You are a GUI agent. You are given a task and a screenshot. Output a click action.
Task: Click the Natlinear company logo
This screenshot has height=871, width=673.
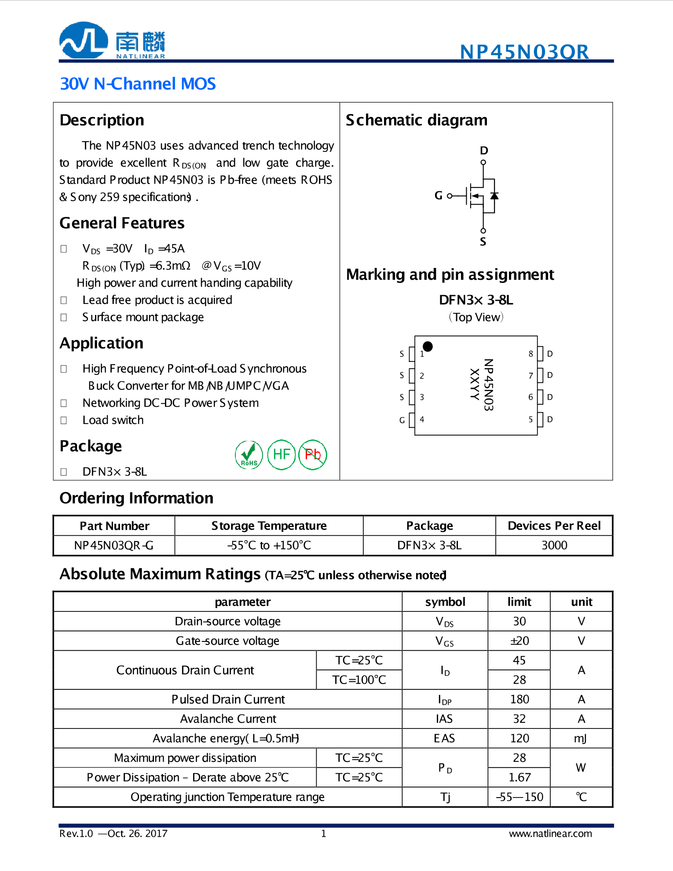[112, 40]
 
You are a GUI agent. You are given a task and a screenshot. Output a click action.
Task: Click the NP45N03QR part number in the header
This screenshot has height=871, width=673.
[524, 52]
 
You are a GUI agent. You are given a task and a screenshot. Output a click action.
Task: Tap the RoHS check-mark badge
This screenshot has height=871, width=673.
[249, 454]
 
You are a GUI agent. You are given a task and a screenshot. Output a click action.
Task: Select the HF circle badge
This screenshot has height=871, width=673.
[281, 454]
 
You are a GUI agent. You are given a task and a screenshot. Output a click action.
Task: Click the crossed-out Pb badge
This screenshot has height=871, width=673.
[313, 454]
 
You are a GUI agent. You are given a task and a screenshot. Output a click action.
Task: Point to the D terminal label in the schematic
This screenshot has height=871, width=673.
[484, 150]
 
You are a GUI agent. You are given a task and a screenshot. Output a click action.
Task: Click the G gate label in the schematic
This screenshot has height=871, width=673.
[438, 195]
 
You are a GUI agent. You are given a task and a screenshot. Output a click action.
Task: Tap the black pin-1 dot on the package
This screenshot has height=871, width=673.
[428, 346]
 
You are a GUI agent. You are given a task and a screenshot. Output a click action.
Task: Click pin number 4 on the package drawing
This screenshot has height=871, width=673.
[422, 419]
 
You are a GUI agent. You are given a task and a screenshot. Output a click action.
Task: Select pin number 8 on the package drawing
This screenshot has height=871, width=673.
[530, 354]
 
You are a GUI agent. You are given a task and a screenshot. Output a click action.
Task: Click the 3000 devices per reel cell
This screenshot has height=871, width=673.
[554, 545]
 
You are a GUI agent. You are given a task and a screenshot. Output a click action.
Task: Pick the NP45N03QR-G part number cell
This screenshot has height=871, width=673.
[114, 545]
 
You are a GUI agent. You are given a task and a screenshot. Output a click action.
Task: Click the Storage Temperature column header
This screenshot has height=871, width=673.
[269, 526]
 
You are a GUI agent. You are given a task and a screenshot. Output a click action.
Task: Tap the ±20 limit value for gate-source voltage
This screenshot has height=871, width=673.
[519, 640]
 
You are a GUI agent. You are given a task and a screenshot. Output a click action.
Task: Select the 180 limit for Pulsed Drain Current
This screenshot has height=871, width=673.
[519, 699]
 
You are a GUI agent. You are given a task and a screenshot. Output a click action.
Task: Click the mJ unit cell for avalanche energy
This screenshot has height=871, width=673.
[581, 738]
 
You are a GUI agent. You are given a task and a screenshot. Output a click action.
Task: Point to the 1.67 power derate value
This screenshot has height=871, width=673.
[519, 777]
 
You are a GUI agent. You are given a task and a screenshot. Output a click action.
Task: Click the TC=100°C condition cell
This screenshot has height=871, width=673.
[359, 680]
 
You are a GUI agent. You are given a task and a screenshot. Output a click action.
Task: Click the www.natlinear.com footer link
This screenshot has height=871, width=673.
[550, 834]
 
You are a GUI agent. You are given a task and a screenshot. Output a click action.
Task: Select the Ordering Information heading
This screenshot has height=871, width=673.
[136, 498]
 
